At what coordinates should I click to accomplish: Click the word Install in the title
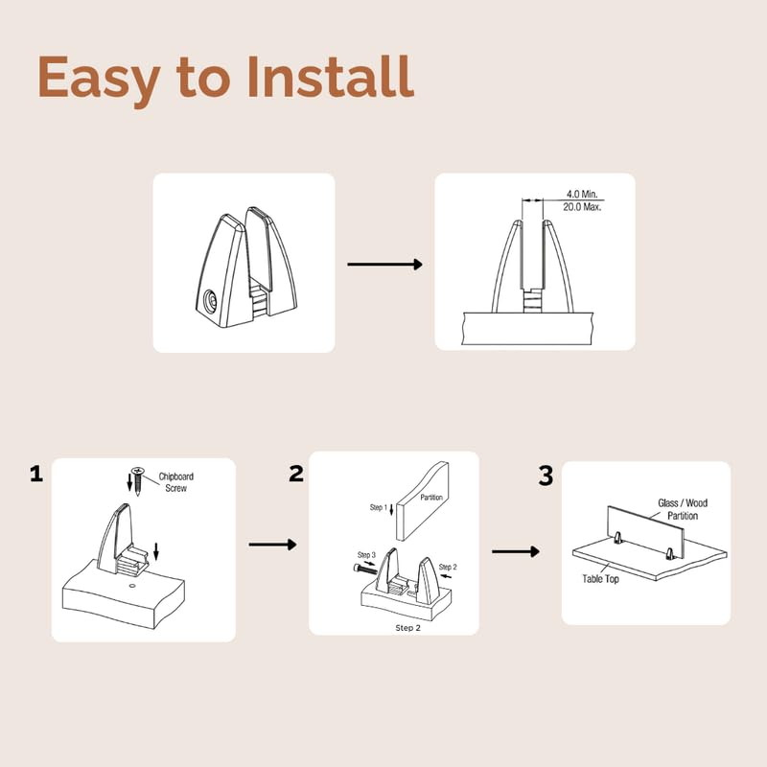click(x=331, y=77)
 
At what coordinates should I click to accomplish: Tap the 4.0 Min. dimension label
click(x=582, y=195)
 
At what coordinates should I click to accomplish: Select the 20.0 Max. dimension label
click(x=582, y=207)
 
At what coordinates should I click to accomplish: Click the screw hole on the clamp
click(x=211, y=300)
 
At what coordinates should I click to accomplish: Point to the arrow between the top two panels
click(x=385, y=265)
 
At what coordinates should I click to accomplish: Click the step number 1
click(x=36, y=475)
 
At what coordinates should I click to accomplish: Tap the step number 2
click(x=296, y=474)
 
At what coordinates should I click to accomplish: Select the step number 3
click(x=546, y=476)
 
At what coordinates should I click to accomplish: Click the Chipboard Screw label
click(x=176, y=482)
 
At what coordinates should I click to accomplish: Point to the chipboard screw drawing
click(x=137, y=481)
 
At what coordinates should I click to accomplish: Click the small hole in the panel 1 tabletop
click(x=131, y=586)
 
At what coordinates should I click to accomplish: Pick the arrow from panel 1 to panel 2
click(x=273, y=545)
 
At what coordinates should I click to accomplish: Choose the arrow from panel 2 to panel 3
click(x=516, y=552)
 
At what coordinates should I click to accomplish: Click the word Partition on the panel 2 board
click(x=431, y=498)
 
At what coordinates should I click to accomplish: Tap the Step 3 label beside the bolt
click(x=366, y=555)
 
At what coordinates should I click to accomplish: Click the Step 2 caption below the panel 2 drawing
click(x=408, y=628)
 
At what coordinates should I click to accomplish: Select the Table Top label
click(x=601, y=579)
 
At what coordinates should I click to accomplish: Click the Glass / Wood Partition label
click(x=683, y=509)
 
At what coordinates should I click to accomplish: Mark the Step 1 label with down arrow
click(x=382, y=509)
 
